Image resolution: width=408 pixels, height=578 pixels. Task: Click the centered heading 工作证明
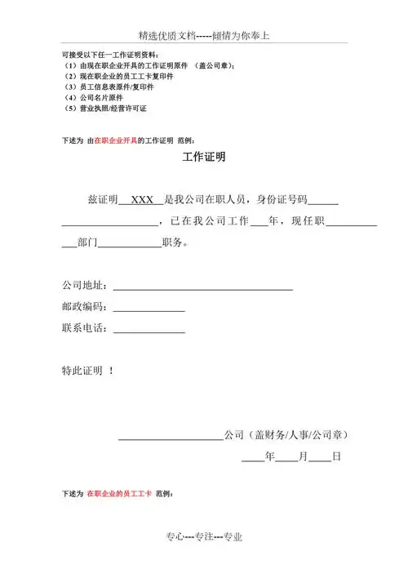(x=203, y=158)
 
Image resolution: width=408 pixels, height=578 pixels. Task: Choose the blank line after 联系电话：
(x=148, y=331)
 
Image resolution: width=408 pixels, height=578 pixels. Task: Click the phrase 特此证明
(x=82, y=371)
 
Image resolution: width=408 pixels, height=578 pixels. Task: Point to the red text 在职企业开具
(x=116, y=140)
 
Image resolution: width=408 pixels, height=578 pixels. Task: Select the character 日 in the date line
(x=335, y=459)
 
